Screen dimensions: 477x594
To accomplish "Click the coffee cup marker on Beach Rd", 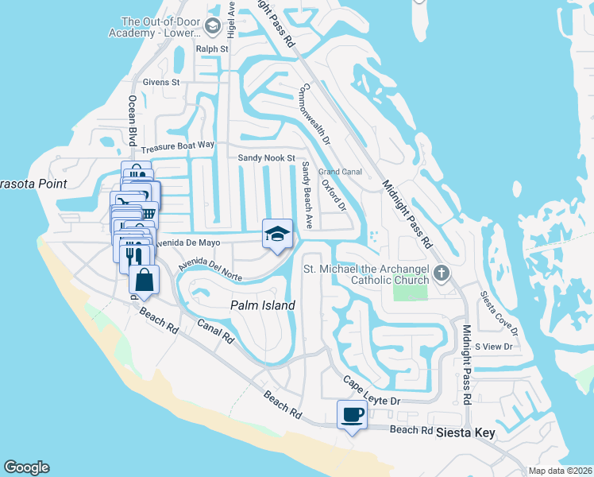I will pos(352,414).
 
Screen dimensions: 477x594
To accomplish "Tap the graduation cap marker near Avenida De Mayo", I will pos(277,235).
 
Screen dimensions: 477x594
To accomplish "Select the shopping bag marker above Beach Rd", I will pos(145,280).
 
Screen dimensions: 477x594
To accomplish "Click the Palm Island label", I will pos(262,305).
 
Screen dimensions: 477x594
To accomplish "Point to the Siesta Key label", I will pos(471,433).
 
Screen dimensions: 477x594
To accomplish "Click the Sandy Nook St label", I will pos(266,158).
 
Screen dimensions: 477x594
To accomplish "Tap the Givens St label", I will pos(162,82).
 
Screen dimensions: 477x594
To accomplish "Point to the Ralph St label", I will pos(212,49).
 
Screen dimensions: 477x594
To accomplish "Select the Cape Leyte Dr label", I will pos(371,392).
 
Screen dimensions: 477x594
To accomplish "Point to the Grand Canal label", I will pos(340,172).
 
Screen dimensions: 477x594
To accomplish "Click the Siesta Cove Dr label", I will pos(499,313).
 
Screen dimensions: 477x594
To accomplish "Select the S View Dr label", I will pos(493,347).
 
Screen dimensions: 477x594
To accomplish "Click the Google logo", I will pos(26,467).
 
